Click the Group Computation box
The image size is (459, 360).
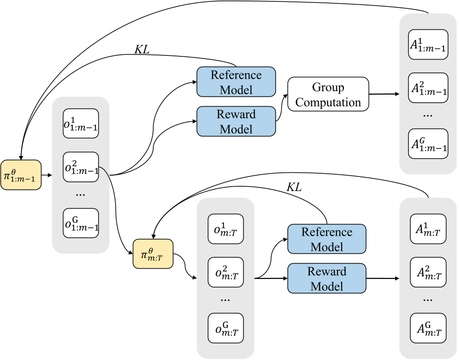pos(328,95)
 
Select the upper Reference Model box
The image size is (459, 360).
pos(236,82)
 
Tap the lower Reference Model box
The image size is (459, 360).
pos(327,239)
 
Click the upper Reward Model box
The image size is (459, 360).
pos(236,121)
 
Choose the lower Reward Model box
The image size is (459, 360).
pos(327,278)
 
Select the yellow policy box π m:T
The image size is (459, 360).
pos(153,254)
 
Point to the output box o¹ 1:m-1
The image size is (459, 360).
pos(81,123)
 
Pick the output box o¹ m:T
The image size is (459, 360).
pos(226,229)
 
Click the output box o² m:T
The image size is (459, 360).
pos(226,272)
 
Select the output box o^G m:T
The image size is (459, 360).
pos(226,328)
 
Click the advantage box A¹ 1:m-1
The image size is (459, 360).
pos(428,45)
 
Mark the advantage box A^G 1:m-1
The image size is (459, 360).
pos(428,144)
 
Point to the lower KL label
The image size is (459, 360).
pos(294,187)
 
